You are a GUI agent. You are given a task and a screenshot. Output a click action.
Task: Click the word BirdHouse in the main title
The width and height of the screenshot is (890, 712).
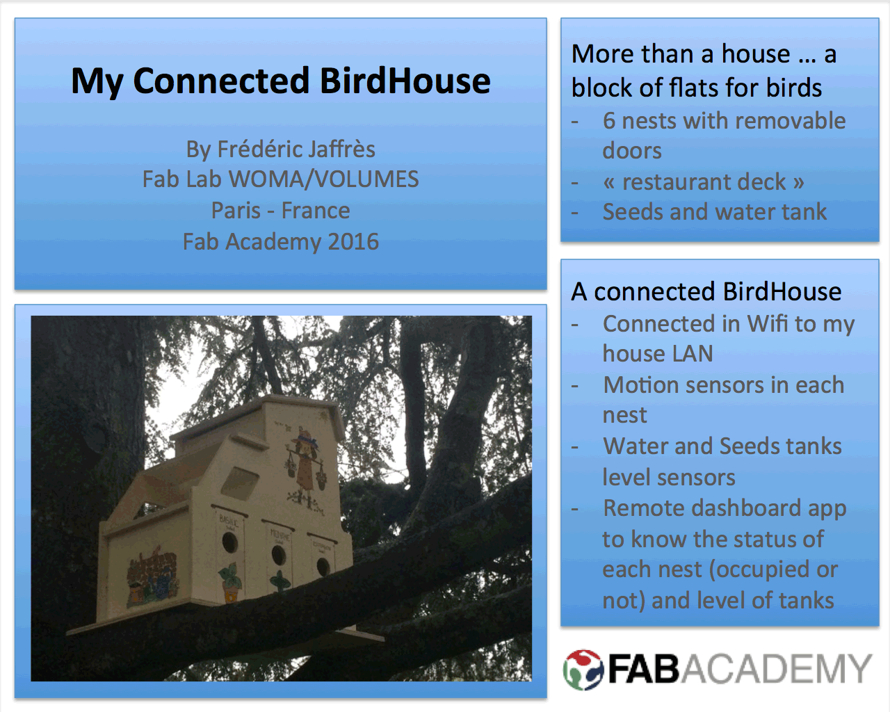(x=405, y=81)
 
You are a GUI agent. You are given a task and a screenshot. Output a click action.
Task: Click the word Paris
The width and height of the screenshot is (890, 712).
(x=236, y=210)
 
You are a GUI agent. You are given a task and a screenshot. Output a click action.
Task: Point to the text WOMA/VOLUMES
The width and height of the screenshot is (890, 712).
(x=323, y=179)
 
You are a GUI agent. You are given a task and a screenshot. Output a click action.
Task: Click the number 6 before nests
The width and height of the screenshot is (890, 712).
(x=609, y=121)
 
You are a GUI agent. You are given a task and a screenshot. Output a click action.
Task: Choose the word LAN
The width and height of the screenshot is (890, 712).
(x=693, y=353)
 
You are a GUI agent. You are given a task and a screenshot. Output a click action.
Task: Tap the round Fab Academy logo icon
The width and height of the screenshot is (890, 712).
(x=583, y=670)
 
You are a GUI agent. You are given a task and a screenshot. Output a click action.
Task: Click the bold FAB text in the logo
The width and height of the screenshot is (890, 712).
(x=644, y=669)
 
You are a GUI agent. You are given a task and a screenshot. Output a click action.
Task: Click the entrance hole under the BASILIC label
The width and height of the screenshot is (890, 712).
(x=229, y=542)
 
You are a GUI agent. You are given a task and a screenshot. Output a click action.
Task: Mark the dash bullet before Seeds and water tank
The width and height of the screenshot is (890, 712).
(x=574, y=213)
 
